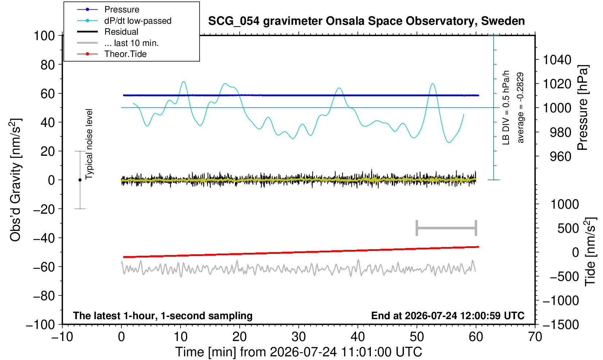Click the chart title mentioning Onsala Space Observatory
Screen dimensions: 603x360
366,21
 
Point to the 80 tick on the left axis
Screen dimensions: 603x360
48,65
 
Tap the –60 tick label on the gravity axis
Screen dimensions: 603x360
44,267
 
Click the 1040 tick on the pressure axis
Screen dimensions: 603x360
557,60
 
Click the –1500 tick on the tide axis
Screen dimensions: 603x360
560,325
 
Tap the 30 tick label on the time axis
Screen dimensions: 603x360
298,337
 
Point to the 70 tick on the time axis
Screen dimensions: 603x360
535,337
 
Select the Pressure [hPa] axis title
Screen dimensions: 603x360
583,108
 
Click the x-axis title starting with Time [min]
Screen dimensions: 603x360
298,352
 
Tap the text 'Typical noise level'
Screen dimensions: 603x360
89,144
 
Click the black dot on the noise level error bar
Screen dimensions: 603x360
80,180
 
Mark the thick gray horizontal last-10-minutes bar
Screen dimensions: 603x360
447,228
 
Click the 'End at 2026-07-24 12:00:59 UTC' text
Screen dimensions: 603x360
448,316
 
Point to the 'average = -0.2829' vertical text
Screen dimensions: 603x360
521,108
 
